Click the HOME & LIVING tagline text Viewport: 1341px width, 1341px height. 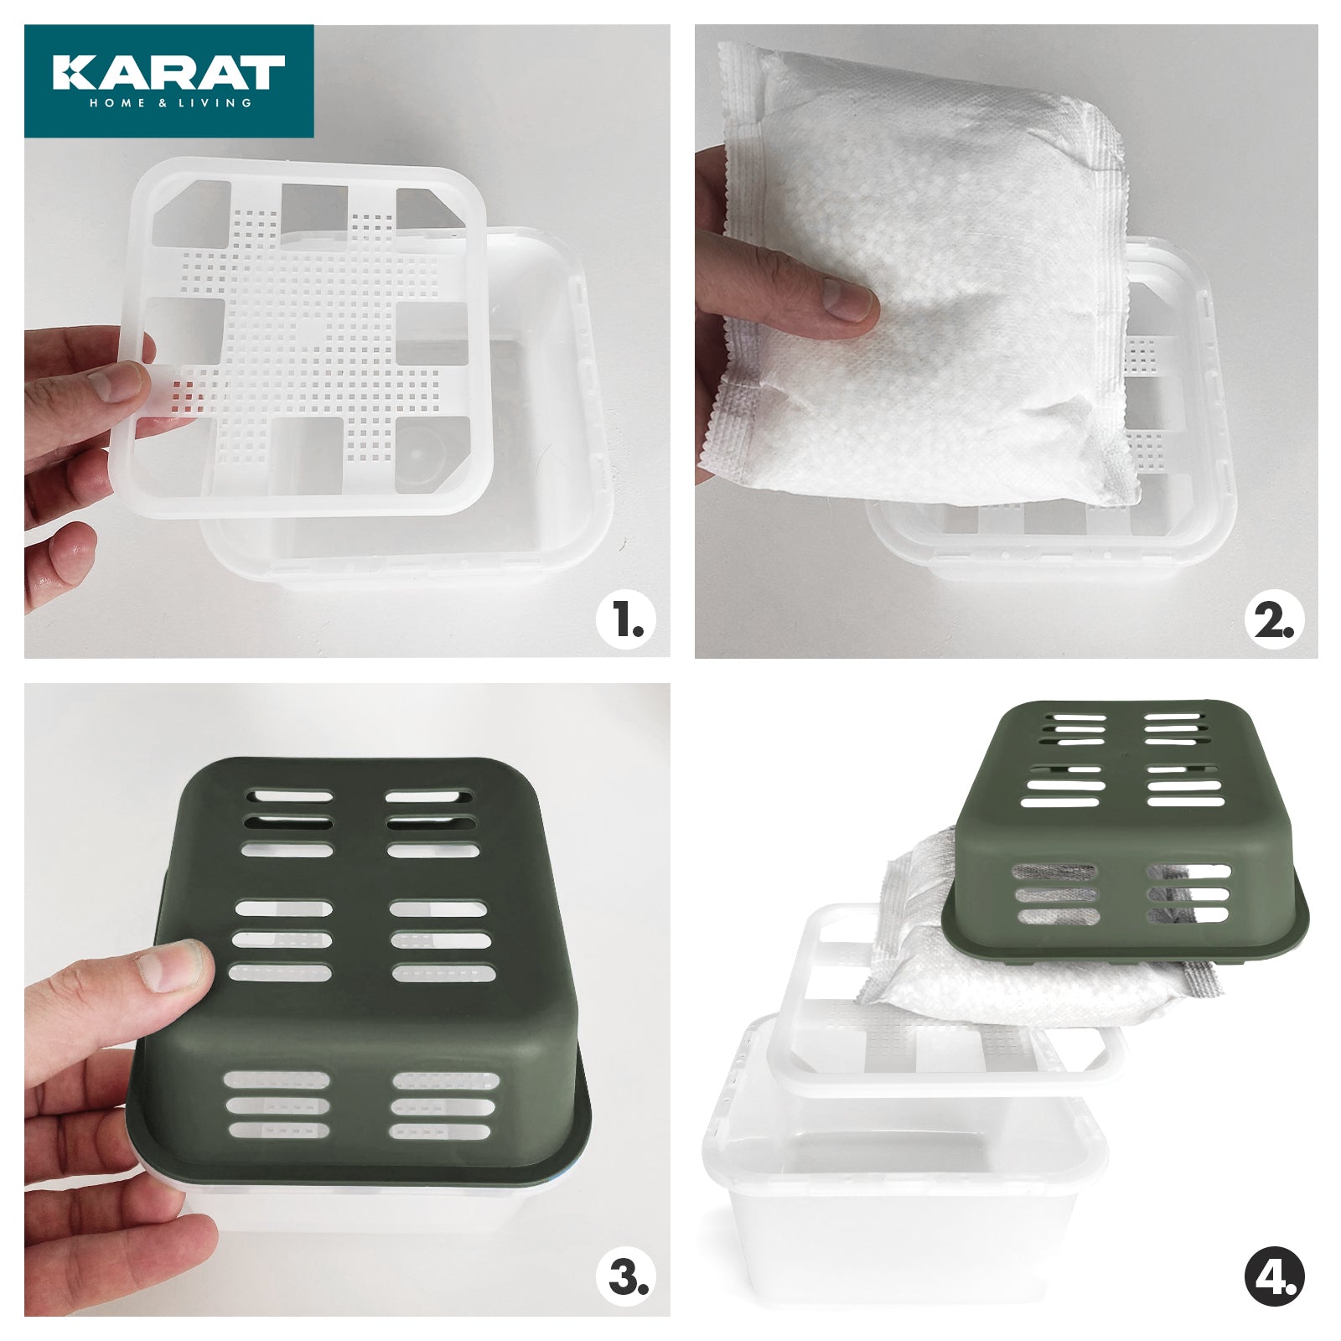pos(170,103)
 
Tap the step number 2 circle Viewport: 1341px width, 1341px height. pos(1273,622)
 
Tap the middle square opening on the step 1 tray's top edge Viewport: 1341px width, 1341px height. pos(313,207)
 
